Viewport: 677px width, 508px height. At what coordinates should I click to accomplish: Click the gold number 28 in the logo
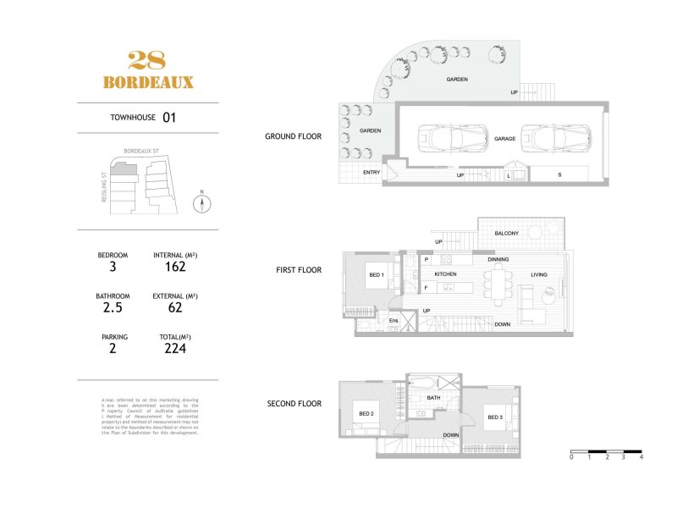coord(147,61)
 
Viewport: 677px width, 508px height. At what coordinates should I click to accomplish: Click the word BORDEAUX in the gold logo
coord(147,82)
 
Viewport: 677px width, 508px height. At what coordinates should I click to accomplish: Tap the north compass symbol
coord(201,204)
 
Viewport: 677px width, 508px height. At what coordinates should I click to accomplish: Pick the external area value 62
coord(175,308)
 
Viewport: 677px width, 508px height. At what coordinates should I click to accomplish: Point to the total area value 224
coord(175,348)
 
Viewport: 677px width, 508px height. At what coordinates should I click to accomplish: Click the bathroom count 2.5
coord(113,308)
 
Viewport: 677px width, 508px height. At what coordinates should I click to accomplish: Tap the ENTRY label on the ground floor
coord(372,173)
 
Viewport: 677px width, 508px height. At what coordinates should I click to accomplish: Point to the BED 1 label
coord(377,275)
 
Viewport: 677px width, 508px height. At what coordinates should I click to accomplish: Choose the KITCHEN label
coord(446,275)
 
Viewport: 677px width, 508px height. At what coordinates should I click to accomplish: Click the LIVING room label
coord(538,275)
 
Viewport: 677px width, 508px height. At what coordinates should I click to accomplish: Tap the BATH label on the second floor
coord(433,397)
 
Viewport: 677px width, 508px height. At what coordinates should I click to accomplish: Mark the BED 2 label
coord(366,412)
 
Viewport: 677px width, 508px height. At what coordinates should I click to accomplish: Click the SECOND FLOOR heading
coord(294,404)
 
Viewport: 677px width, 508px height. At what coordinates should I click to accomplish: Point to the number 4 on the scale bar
coord(641,457)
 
